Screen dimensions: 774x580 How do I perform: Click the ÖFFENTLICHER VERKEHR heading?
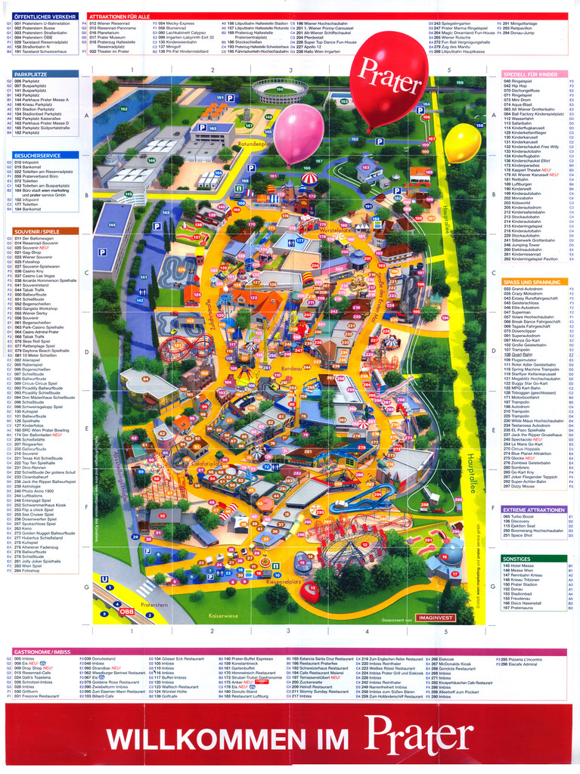point(44,15)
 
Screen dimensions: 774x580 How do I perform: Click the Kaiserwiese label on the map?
point(224,616)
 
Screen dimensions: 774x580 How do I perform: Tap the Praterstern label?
point(154,605)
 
